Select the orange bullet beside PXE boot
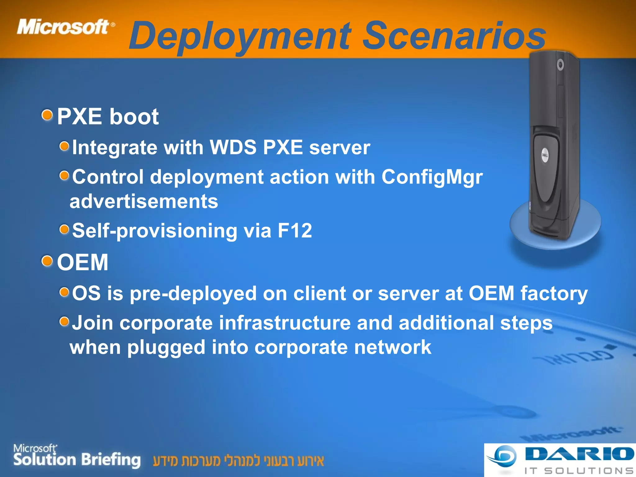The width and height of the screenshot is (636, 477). tap(47, 116)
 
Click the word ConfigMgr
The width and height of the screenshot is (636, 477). tap(432, 177)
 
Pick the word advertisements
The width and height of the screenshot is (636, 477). tap(144, 201)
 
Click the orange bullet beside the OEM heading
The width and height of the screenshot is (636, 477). tap(47, 261)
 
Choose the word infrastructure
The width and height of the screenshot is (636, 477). tap(285, 323)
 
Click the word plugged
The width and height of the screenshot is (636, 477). tap(166, 347)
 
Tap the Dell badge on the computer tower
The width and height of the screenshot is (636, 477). tap(545, 155)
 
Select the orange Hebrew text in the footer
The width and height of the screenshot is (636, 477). tap(238, 461)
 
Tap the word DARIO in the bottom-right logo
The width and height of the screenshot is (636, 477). tap(579, 454)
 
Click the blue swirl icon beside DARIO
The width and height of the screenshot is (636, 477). tap(503, 456)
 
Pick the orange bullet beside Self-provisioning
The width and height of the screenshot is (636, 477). tap(64, 230)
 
